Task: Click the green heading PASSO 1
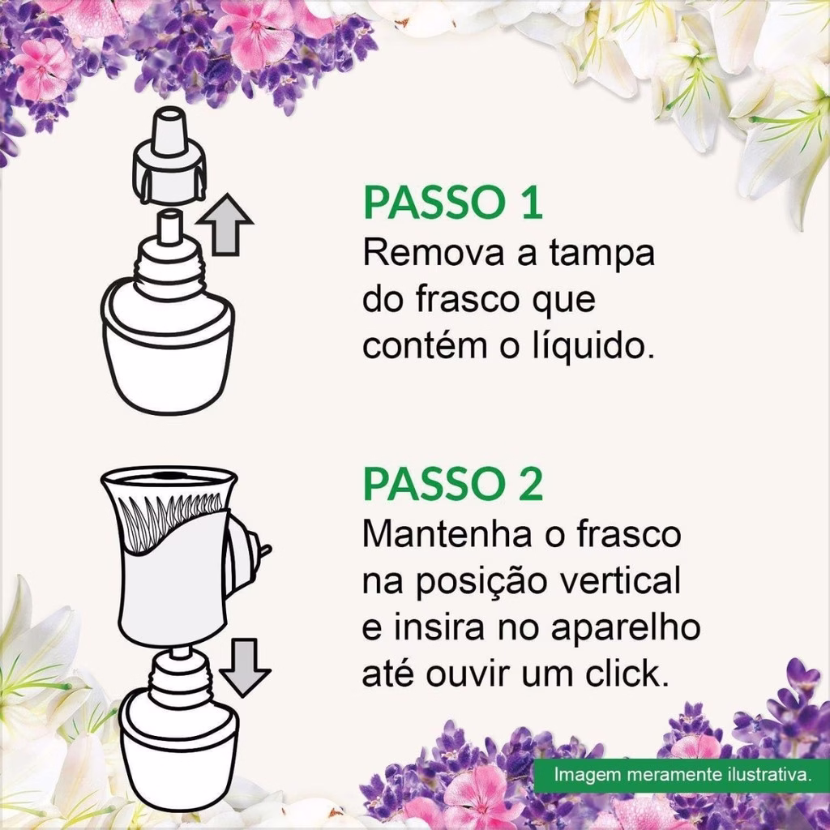pyautogui.click(x=452, y=203)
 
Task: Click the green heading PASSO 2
pyautogui.click(x=452, y=484)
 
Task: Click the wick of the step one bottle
pyautogui.click(x=169, y=226)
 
